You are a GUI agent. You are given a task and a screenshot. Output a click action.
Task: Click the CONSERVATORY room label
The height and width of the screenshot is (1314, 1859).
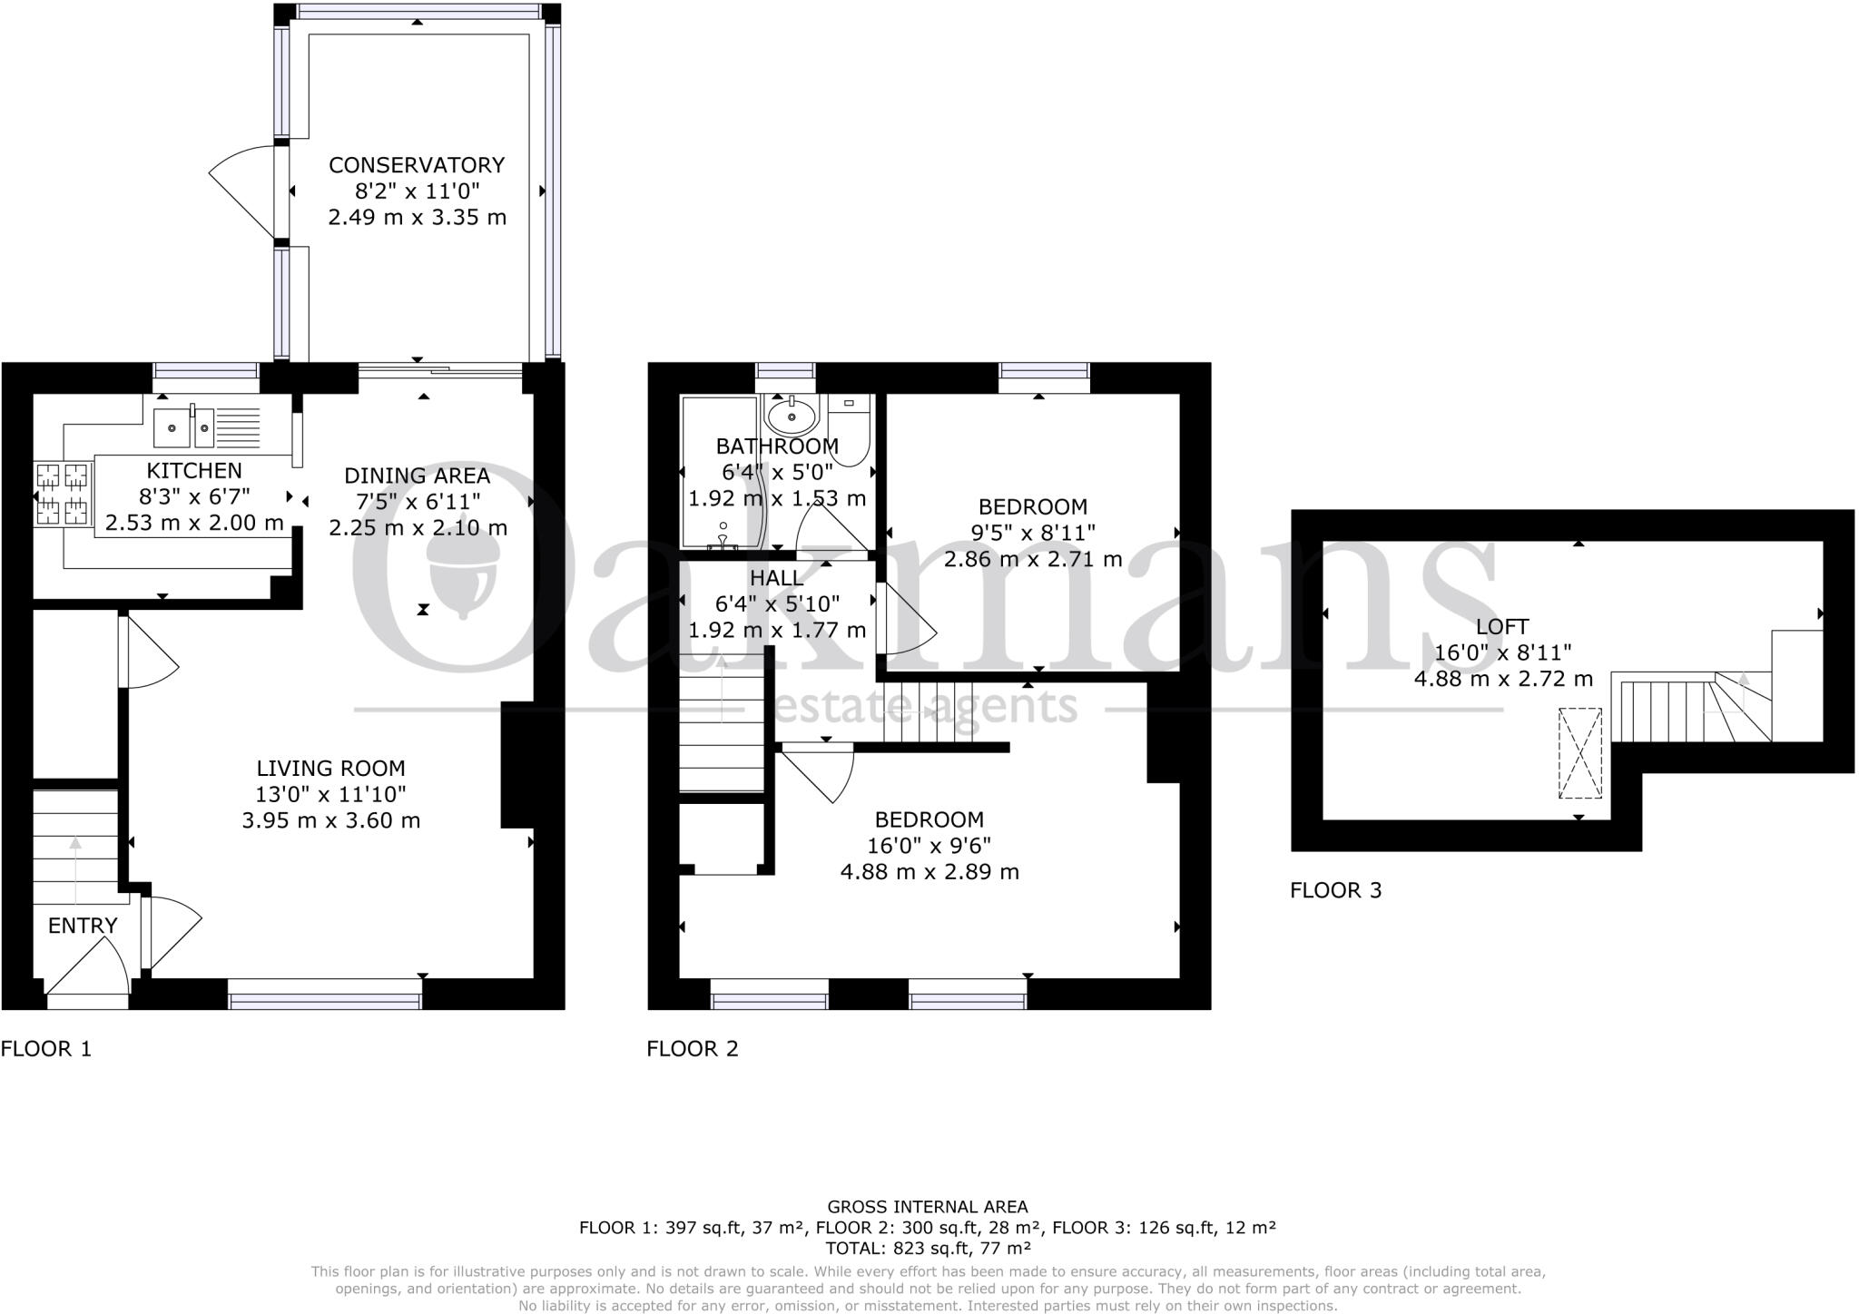(x=417, y=165)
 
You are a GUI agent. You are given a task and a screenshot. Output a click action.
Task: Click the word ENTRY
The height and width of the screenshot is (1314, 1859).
(x=83, y=926)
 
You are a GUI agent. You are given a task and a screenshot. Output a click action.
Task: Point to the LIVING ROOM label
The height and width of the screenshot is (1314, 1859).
(x=330, y=769)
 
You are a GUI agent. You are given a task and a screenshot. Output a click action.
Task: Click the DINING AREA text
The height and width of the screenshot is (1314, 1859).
(x=417, y=476)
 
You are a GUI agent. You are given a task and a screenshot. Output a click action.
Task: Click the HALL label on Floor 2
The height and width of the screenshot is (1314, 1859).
(x=776, y=578)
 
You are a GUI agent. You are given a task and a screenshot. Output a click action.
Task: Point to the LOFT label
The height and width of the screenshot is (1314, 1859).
(x=1502, y=626)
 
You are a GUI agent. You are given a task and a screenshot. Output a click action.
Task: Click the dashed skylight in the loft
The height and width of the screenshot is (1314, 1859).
(x=1580, y=753)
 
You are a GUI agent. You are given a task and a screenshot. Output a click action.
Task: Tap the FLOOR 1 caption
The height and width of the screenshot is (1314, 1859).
(x=46, y=1049)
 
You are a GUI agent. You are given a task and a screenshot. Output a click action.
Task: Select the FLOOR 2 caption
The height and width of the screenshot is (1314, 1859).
(x=693, y=1049)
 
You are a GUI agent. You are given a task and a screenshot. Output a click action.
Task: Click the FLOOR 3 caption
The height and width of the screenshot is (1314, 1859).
(x=1336, y=890)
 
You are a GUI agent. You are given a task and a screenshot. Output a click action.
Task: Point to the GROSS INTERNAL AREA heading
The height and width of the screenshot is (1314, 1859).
(x=928, y=1207)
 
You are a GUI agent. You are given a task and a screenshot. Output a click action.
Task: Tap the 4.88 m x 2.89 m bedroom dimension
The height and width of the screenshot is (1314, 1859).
(x=929, y=872)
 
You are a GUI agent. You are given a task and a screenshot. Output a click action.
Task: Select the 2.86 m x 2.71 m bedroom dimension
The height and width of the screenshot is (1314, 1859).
(x=1033, y=559)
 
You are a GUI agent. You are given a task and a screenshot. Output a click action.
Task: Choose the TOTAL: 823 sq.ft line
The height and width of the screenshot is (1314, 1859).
(x=928, y=1248)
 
